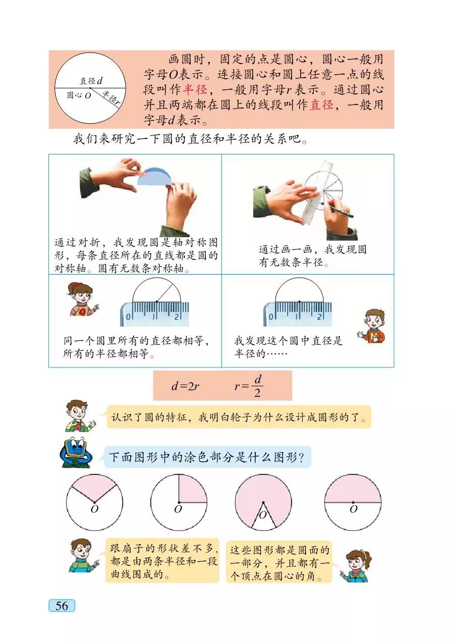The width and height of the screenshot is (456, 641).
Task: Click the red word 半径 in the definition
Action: click(195, 89)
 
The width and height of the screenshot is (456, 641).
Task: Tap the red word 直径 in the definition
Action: click(322, 104)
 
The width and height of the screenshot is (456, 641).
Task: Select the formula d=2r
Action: click(185, 386)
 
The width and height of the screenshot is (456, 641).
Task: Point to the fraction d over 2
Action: click(257, 386)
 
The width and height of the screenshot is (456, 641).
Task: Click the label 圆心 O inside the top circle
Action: click(79, 95)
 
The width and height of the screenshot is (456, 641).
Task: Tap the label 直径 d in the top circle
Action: click(91, 81)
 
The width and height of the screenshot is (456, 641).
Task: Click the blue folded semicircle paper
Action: click(154, 177)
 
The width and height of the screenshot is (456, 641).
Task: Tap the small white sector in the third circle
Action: click(263, 517)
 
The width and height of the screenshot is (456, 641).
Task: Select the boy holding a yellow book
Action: click(372, 326)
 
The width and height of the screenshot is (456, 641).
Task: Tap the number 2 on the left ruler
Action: click(177, 316)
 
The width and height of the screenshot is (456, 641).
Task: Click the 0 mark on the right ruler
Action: click(271, 317)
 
